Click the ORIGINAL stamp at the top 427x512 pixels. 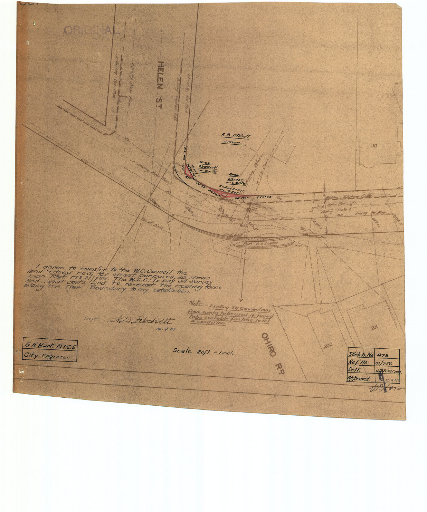[92, 31]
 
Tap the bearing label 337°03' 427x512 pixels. [266, 198]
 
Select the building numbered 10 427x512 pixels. [375, 146]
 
